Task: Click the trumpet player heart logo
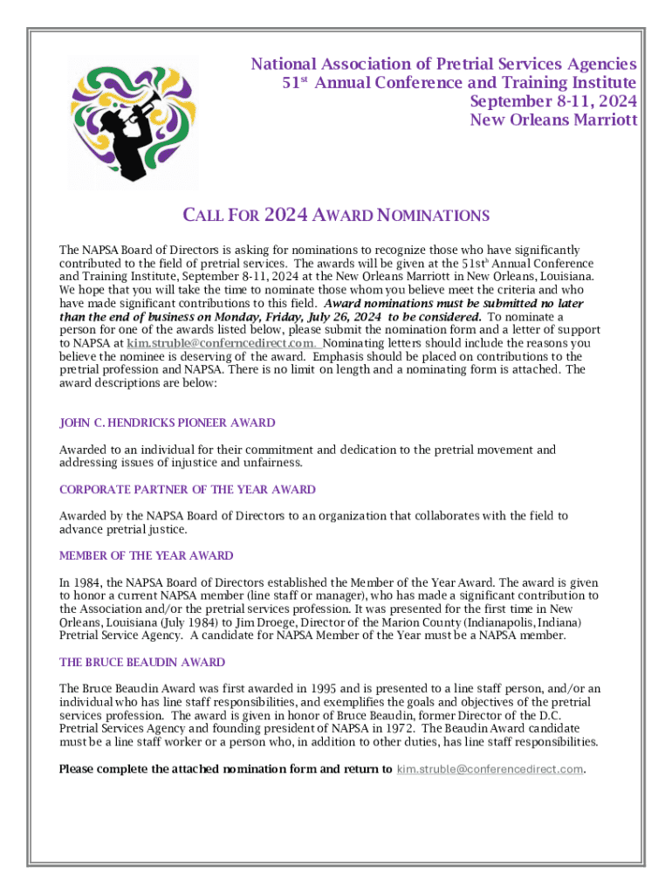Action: pyautogui.click(x=134, y=123)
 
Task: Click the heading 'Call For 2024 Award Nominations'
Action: pyautogui.click(x=335, y=216)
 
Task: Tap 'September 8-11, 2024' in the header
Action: pyautogui.click(x=553, y=101)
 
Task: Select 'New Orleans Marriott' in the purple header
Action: pyautogui.click(x=553, y=120)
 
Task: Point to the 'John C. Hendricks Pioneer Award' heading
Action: pyautogui.click(x=167, y=423)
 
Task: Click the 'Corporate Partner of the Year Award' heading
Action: pyautogui.click(x=187, y=490)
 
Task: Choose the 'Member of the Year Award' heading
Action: pyautogui.click(x=146, y=555)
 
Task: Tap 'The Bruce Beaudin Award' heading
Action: pyautogui.click(x=142, y=662)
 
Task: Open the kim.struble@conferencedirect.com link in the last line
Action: pyautogui.click(x=490, y=769)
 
